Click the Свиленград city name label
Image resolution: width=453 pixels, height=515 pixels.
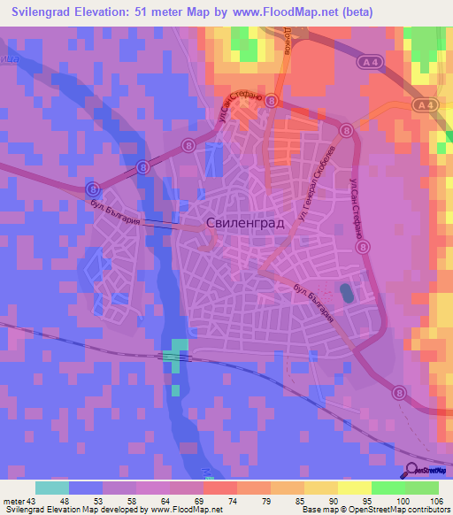(245, 224)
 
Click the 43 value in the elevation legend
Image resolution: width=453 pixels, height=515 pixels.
(31, 503)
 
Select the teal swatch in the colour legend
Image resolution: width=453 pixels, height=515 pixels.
(52, 488)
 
